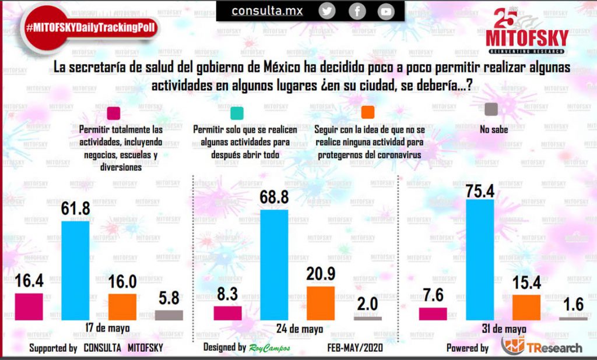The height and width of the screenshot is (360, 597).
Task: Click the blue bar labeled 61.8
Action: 75,270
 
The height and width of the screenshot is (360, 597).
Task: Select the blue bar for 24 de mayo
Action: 274,265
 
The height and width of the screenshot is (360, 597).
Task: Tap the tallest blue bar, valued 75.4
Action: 480,260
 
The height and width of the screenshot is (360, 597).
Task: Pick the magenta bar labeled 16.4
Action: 29,307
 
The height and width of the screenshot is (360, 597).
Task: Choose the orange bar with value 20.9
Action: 321,303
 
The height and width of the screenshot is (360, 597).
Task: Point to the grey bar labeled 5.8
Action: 169,315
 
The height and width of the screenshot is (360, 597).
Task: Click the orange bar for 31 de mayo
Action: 526,308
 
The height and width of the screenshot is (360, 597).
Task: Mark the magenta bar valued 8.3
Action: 228,313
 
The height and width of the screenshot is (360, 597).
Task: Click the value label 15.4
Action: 526,283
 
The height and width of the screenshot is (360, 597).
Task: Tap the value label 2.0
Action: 367,304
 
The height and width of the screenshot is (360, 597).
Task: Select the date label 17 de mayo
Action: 108,327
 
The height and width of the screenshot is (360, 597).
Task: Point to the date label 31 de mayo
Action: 504,329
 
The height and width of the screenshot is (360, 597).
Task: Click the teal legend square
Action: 237,113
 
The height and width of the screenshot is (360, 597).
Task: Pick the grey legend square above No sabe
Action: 491,109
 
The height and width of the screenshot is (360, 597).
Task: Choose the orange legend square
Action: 368,112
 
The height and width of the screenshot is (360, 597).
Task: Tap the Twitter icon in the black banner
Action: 326,12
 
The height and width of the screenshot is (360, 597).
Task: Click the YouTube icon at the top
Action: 386,12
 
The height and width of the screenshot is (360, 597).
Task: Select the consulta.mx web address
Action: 267,11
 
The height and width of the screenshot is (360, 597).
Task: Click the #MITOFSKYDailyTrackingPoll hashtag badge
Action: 90,28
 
